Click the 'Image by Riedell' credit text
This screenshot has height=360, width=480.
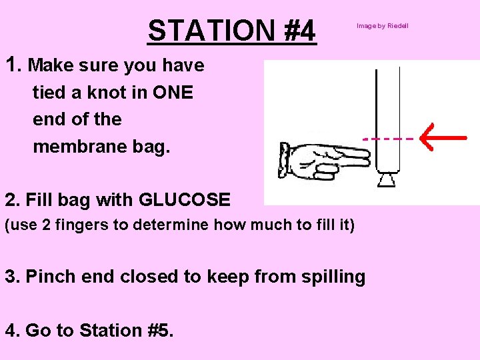point(382,26)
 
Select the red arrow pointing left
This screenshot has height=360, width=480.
point(443,137)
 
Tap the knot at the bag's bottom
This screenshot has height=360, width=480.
point(387,179)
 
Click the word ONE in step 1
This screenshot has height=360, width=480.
point(173,93)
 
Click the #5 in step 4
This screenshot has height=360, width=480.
point(160,330)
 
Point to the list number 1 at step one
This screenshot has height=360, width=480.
point(11,65)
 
